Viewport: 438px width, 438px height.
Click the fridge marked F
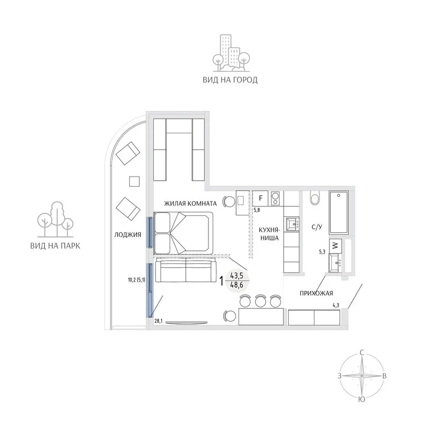(260, 198)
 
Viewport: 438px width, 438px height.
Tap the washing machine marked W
(335, 246)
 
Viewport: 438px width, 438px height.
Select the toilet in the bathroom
(315, 198)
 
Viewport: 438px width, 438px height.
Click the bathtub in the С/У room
(338, 212)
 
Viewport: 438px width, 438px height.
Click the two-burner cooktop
(276, 198)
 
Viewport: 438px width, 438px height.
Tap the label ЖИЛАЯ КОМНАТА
(190, 203)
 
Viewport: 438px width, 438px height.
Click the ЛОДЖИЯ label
(127, 235)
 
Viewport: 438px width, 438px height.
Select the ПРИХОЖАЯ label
(316, 293)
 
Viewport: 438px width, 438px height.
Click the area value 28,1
(159, 321)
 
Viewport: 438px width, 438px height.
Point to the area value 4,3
(336, 305)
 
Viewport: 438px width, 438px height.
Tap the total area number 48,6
(237, 286)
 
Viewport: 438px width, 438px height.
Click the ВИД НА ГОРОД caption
(230, 80)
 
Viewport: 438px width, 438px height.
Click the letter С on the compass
(362, 353)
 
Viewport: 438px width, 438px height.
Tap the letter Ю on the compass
(362, 399)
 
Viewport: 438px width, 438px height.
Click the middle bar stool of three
(260, 301)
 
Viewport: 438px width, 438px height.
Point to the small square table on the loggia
(134, 182)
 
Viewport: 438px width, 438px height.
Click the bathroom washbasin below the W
(335, 263)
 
